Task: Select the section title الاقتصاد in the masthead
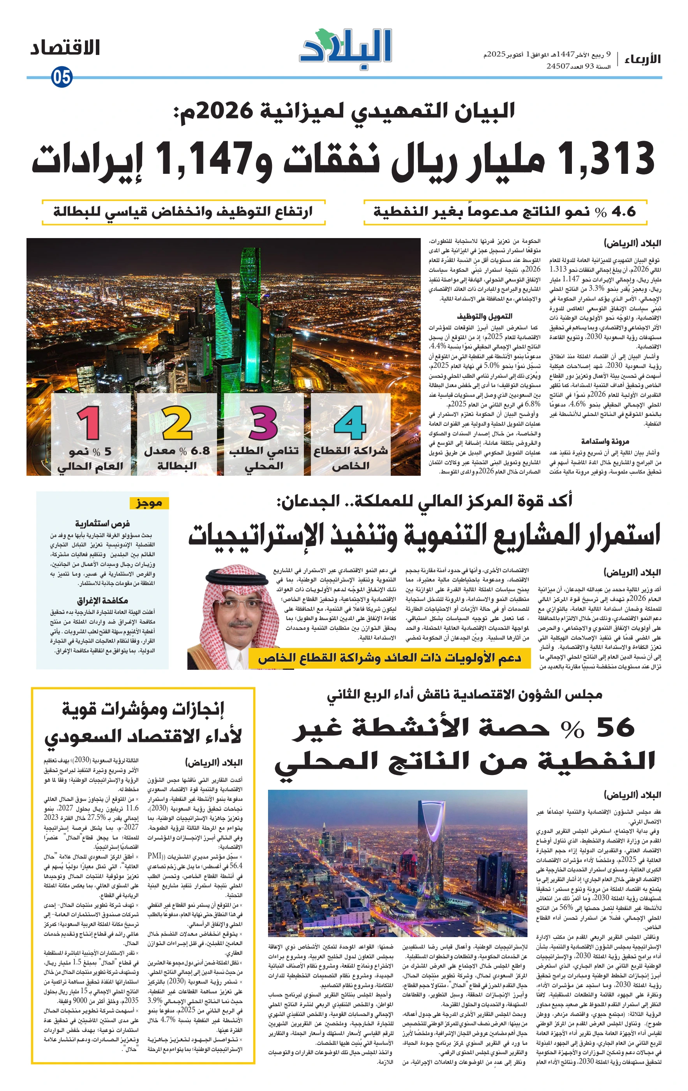tap(65, 48)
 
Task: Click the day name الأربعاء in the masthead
tap(642, 59)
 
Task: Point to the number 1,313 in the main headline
tap(608, 159)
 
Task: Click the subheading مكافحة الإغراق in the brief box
tap(102, 600)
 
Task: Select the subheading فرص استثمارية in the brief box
tap(102, 523)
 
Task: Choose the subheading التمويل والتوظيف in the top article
tap(484, 316)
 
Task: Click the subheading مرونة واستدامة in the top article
tap(605, 441)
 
